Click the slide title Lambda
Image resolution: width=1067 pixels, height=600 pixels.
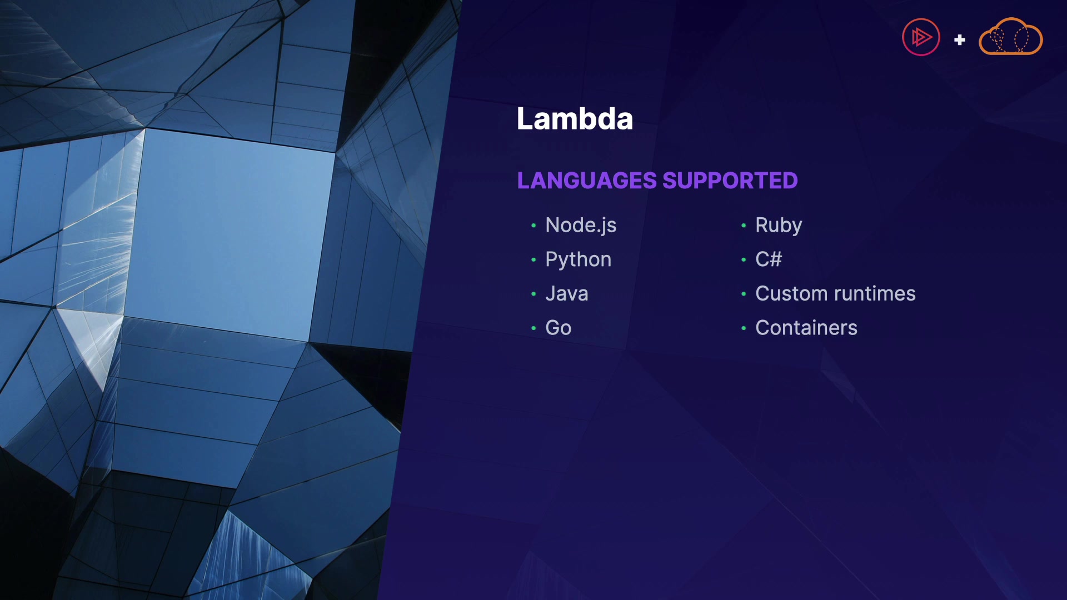575,118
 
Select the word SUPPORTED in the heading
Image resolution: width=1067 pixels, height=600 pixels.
730,181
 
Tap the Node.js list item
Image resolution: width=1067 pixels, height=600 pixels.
581,226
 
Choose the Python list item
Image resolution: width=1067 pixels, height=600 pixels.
578,260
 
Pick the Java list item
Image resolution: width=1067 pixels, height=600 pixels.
566,293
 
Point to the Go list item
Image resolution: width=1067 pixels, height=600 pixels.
558,328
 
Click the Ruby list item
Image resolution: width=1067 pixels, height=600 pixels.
779,226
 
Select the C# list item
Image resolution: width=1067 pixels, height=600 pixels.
769,259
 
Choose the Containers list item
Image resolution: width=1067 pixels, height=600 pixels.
806,328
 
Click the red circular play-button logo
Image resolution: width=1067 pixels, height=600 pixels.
921,37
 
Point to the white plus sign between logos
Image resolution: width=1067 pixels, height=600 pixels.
960,39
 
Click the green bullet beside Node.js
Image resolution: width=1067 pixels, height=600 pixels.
533,226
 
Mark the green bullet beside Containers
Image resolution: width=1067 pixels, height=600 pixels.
744,328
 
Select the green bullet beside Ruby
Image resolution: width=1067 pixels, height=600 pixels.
744,226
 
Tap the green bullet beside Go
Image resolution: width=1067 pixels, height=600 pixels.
533,328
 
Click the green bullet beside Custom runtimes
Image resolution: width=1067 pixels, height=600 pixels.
744,294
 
